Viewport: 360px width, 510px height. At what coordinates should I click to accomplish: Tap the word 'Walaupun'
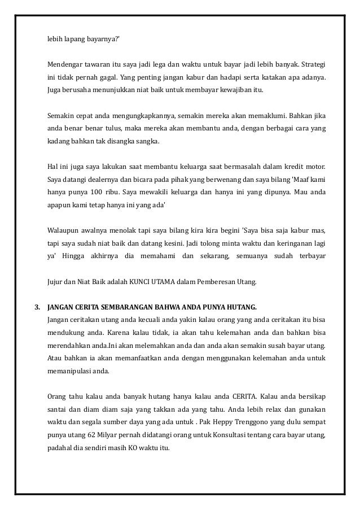63,230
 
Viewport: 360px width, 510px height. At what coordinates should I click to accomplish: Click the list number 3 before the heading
37,307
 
